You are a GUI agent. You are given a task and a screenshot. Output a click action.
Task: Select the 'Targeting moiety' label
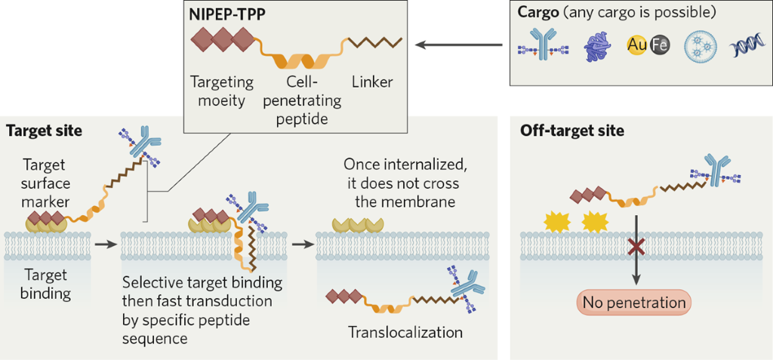[221, 90]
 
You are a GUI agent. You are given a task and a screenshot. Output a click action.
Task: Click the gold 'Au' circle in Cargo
[637, 46]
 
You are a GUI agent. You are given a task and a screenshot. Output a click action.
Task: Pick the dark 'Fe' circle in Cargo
[659, 46]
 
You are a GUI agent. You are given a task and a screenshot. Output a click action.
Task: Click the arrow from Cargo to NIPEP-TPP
[460, 45]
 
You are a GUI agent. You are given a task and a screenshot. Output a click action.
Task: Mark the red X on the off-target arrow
[636, 247]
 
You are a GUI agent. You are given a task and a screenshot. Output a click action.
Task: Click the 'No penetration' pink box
[635, 303]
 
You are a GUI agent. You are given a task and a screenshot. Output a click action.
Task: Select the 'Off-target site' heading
[571, 131]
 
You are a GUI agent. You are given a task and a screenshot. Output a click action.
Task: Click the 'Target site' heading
[44, 131]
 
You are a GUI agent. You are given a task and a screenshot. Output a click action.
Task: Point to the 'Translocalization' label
[405, 331]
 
